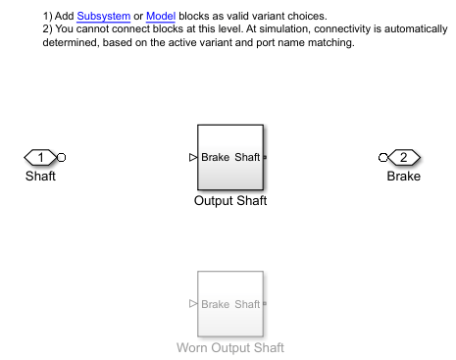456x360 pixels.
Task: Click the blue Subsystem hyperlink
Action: click(104, 16)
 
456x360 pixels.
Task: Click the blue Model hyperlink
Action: click(161, 16)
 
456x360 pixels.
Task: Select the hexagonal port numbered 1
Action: click(40, 158)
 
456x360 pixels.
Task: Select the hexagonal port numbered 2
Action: click(404, 158)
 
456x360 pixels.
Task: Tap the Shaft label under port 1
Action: click(40, 176)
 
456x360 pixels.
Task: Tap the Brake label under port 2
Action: click(404, 176)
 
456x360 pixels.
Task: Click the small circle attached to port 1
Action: click(61, 158)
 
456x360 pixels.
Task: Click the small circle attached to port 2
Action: click(383, 158)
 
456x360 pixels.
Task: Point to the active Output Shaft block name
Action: click(230, 200)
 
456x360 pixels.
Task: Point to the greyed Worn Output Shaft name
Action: click(230, 347)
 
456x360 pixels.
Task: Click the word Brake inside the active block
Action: click(216, 157)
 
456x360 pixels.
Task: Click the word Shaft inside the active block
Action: click(247, 157)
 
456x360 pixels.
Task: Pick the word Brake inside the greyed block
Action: click(216, 304)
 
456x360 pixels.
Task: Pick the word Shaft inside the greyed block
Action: click(247, 304)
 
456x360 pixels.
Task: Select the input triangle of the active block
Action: click(193, 158)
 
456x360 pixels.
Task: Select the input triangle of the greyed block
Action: click(193, 304)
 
